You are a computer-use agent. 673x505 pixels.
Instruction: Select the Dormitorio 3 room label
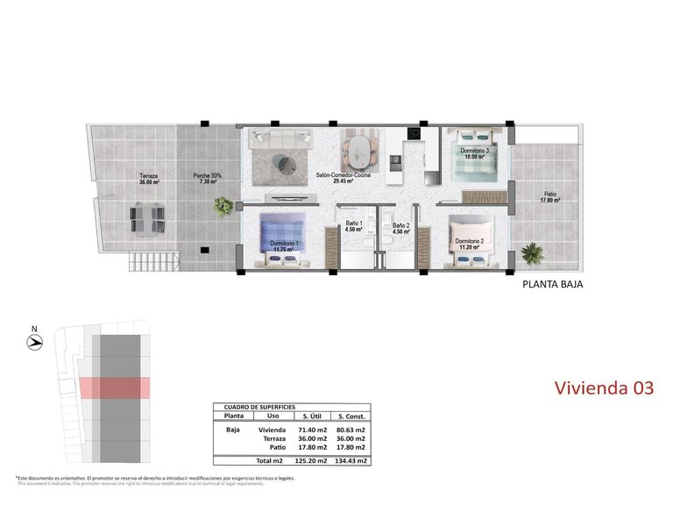click(474, 154)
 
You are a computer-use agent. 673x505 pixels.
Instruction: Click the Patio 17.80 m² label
click(549, 197)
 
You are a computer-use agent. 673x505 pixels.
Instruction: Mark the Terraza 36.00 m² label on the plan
click(148, 179)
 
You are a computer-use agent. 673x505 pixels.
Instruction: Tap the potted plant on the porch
click(225, 205)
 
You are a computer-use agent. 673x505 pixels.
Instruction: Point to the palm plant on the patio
click(532, 253)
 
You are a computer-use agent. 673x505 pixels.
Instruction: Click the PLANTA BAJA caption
click(552, 284)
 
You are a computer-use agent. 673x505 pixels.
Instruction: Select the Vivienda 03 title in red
click(605, 388)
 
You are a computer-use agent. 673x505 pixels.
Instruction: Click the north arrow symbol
click(34, 343)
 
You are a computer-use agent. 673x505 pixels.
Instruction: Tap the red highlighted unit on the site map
click(114, 387)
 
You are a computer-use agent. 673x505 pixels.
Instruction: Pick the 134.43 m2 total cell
click(350, 460)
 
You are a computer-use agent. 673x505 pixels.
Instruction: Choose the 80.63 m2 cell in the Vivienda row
click(350, 430)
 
